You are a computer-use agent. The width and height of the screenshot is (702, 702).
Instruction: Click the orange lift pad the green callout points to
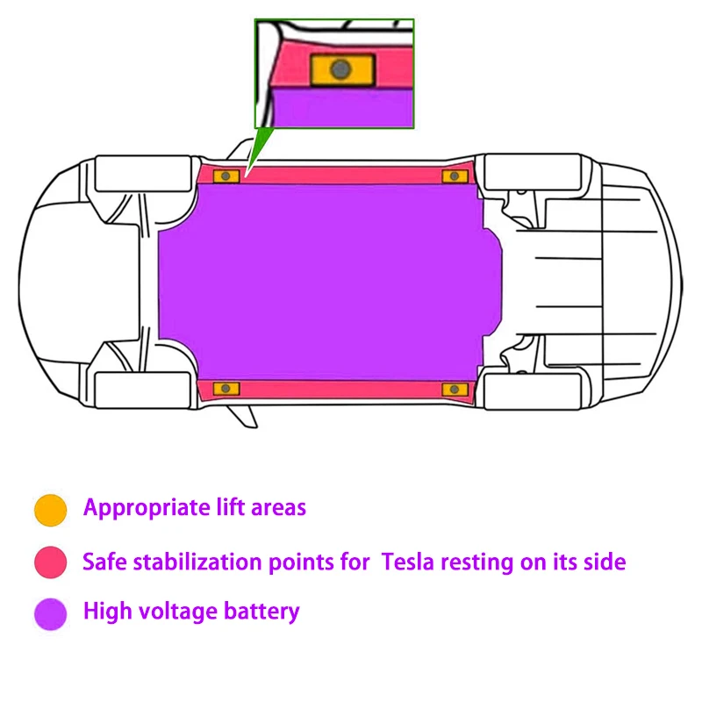[226, 176]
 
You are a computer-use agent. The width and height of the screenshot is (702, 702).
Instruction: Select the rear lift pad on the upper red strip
[455, 176]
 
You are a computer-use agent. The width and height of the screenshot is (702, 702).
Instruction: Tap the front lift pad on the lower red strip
[226, 389]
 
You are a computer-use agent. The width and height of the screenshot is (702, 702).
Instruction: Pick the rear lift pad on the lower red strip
[455, 389]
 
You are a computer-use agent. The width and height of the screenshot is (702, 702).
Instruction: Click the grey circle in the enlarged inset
[340, 69]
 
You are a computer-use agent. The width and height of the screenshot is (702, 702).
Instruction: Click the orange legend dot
[51, 511]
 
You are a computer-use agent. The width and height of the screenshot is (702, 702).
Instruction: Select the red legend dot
[51, 562]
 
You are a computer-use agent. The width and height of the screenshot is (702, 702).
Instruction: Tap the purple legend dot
[51, 614]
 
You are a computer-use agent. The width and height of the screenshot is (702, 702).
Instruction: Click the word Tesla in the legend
[407, 562]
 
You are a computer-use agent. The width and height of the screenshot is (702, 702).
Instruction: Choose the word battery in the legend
[261, 612]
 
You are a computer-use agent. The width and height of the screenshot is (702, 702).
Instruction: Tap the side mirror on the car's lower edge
[243, 416]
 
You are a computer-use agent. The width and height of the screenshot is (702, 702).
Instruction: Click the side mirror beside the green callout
[240, 149]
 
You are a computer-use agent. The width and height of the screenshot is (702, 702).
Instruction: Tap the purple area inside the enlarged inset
[343, 108]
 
